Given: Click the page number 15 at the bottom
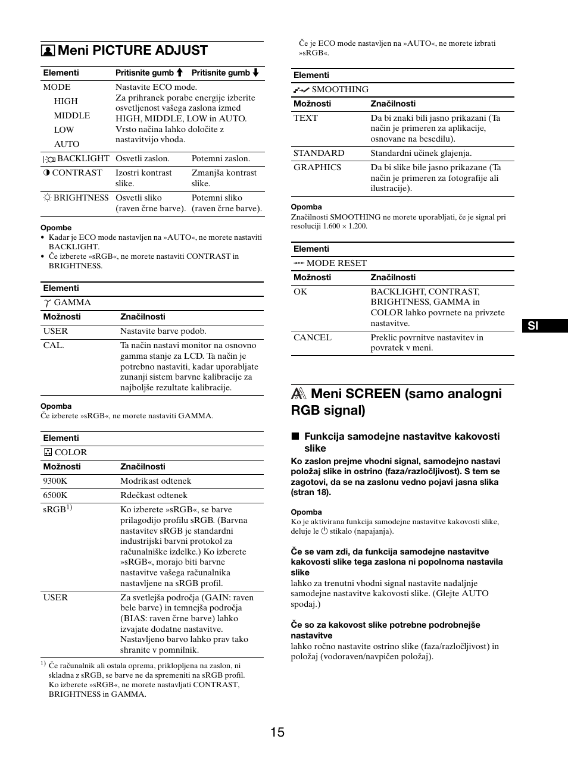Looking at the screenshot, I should click(x=277, y=732).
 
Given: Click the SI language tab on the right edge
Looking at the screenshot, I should click(x=533, y=326).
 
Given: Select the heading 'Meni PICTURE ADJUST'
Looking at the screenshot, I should click(x=132, y=51).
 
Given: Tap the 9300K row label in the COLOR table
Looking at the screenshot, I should click(x=55, y=481).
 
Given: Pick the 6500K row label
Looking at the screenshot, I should click(x=55, y=495).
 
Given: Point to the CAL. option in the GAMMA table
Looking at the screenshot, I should click(x=54, y=345).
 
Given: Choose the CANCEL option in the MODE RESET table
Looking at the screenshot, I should click(x=312, y=337).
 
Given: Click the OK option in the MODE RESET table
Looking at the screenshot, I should click(x=300, y=292).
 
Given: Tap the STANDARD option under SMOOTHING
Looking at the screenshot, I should click(x=319, y=153).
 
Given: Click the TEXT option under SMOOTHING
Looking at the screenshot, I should click(x=305, y=118).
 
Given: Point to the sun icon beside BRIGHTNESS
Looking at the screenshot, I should click(x=47, y=198).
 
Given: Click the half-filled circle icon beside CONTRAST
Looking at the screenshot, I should click(x=46, y=173).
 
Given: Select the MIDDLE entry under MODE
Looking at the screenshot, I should click(x=71, y=115).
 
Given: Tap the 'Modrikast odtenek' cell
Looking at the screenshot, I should click(x=155, y=481).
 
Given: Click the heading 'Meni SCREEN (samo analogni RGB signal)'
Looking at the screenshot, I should click(x=396, y=402).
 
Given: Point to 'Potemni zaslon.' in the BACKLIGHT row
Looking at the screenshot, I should click(x=220, y=158).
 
